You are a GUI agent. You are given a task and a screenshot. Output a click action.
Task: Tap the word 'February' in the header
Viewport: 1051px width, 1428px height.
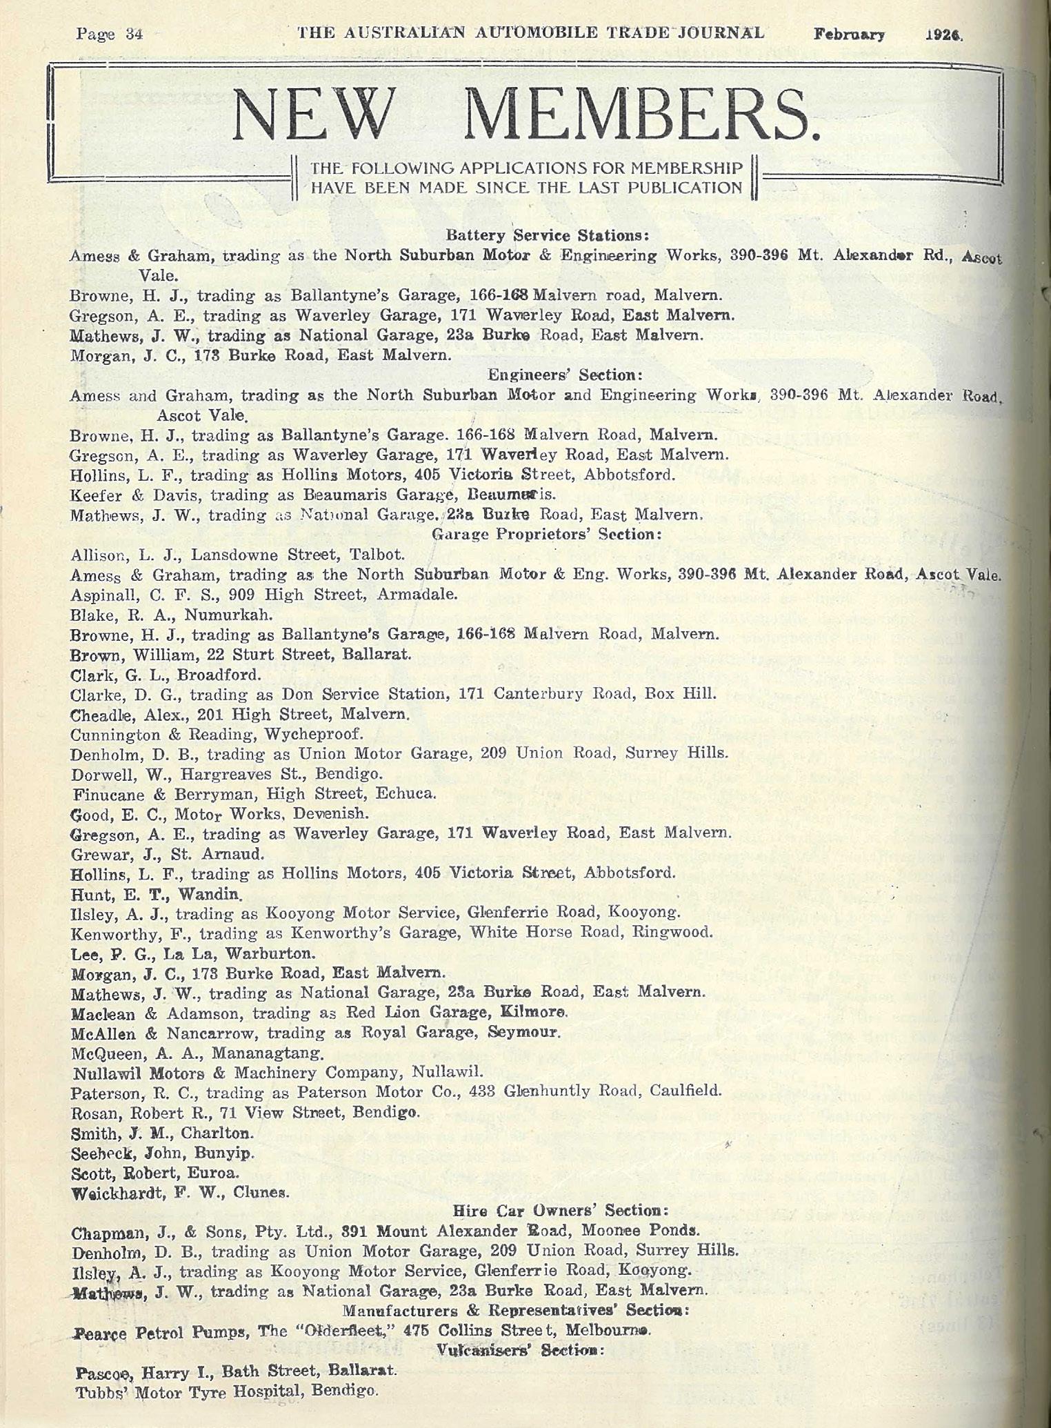click(x=848, y=34)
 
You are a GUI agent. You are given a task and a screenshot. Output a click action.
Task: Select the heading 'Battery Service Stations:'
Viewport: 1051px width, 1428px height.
click(x=548, y=235)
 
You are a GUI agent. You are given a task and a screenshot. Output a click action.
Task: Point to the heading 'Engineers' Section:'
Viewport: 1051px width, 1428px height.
click(x=565, y=375)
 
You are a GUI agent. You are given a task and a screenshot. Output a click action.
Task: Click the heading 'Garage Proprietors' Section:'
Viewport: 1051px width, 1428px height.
click(x=547, y=534)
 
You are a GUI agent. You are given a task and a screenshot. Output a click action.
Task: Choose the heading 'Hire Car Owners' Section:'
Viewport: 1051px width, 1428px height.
click(x=561, y=1229)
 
